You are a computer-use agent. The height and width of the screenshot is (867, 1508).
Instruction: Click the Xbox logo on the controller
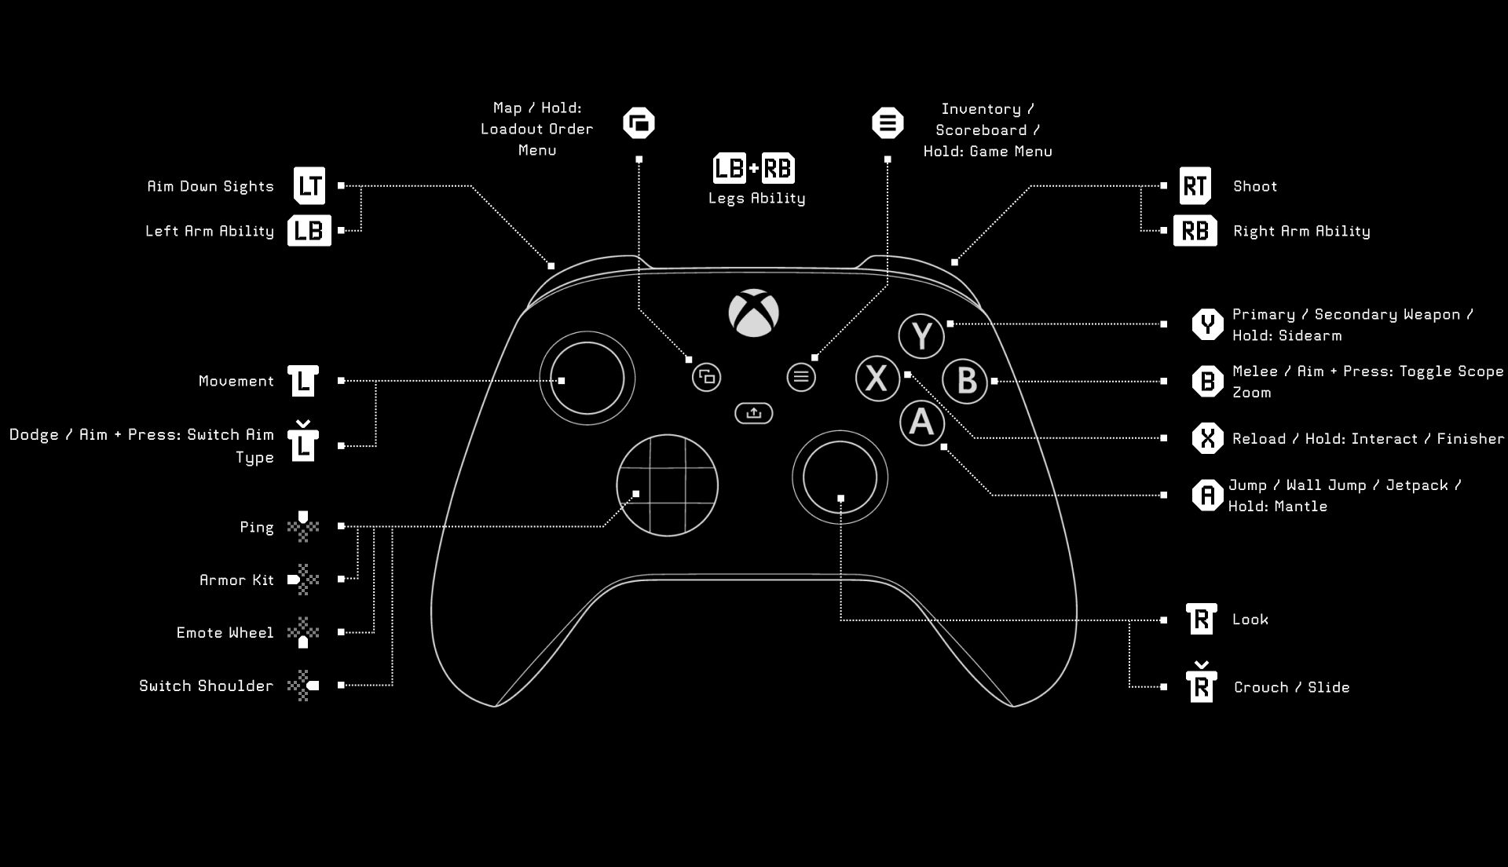(x=753, y=313)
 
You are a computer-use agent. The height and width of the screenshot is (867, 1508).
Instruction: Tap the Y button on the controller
(x=921, y=335)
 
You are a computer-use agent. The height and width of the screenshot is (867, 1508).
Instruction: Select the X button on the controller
(x=877, y=378)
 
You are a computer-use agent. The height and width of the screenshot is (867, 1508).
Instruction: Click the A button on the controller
(x=921, y=423)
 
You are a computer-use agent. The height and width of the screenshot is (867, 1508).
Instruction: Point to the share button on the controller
(x=753, y=413)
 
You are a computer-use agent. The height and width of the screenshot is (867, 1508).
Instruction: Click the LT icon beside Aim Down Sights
(x=309, y=186)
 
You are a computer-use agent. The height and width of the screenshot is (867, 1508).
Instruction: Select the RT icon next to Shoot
(x=1195, y=186)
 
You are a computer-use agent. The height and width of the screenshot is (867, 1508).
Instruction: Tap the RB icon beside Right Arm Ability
(x=1195, y=231)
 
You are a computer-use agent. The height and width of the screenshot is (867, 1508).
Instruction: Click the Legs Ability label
(x=756, y=198)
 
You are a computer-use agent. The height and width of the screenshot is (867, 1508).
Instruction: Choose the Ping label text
(x=257, y=527)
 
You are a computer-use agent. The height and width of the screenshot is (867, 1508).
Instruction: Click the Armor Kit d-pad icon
(x=303, y=580)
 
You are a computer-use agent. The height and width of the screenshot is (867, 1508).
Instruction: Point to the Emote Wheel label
(x=225, y=633)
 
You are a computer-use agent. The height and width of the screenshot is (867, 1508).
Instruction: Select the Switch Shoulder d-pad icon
(x=303, y=686)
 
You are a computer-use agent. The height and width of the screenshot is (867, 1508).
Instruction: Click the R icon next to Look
(x=1201, y=620)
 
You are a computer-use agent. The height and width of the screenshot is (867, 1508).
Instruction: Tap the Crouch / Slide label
(x=1291, y=687)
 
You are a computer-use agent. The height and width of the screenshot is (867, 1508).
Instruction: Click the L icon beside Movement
(x=303, y=381)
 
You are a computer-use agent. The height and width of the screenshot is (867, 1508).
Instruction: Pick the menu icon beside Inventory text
(x=888, y=123)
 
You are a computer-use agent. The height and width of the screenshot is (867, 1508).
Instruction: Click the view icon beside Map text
(x=639, y=123)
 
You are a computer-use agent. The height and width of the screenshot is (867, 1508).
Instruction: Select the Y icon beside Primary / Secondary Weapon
(x=1207, y=324)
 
